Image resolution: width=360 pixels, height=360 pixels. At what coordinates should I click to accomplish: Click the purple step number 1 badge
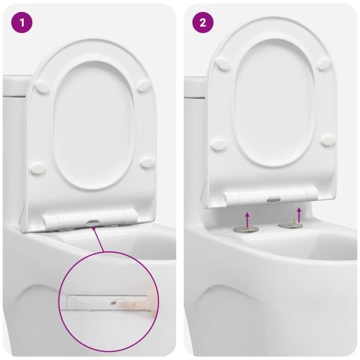tap(22, 22)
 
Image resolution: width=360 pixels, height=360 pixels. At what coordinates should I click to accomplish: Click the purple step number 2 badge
tap(202, 22)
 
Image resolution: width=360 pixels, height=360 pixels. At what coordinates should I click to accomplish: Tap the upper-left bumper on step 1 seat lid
tap(42, 87)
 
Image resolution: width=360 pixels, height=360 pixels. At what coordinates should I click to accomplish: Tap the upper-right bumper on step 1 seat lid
tap(144, 85)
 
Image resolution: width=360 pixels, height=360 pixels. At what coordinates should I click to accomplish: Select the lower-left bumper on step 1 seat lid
tap(37, 168)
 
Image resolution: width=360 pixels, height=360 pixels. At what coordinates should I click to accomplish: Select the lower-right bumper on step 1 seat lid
tap(147, 163)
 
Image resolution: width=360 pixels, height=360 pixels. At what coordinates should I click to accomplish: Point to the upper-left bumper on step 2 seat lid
tap(223, 64)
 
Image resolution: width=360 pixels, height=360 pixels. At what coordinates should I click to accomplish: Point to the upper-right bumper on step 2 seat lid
tap(324, 63)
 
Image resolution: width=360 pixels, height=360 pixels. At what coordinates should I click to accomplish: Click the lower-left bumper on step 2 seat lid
tap(219, 145)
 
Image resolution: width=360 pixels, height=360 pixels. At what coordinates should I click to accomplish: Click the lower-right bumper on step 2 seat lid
tap(328, 140)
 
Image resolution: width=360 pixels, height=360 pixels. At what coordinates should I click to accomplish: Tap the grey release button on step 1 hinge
tap(92, 222)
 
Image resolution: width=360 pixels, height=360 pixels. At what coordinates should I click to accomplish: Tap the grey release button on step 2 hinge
tap(274, 199)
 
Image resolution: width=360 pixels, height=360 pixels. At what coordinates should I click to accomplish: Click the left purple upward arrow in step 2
tap(247, 219)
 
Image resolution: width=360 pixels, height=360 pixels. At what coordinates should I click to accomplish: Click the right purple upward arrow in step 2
tap(298, 214)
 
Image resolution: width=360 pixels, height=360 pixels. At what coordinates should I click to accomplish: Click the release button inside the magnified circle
tap(115, 303)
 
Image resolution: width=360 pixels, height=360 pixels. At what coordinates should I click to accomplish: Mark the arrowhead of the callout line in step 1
tap(94, 228)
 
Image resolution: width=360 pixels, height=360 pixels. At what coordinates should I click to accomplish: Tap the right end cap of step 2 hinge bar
tap(312, 193)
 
